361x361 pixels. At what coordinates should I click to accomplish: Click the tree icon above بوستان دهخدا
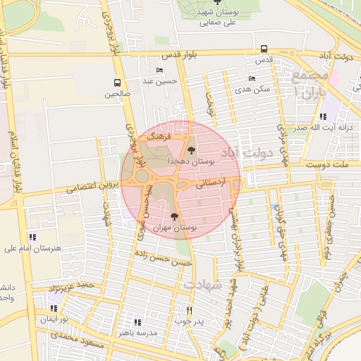click(x=191, y=149)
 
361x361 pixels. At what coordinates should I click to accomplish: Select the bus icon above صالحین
click(x=117, y=82)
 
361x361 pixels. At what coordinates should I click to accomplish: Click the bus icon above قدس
click(x=264, y=49)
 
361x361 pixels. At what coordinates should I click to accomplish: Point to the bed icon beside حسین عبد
click(x=159, y=71)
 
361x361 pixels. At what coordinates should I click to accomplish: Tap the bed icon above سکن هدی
click(x=252, y=79)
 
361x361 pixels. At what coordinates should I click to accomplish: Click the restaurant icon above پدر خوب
click(x=189, y=310)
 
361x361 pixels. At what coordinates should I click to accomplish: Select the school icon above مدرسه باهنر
click(x=137, y=322)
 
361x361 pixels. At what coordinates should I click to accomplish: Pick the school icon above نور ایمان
click(x=54, y=308)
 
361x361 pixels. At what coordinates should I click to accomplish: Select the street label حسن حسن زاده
click(x=164, y=259)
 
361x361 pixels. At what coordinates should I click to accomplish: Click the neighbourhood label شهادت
click(x=203, y=285)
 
